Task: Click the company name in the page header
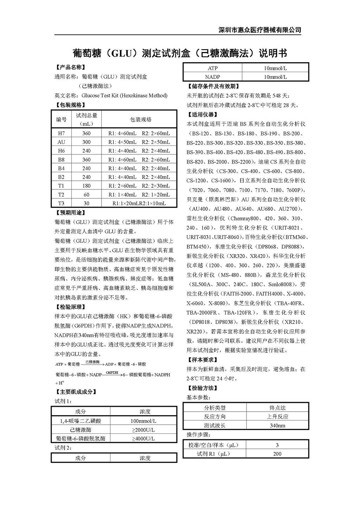pos(260,30)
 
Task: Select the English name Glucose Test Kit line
pos(111,95)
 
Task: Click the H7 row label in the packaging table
pos(62,133)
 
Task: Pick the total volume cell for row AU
pos(86,142)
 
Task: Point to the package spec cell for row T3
pos(139,203)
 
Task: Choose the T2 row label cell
pos(62,194)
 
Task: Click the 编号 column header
pos(62,120)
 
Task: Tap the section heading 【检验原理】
pos(70,307)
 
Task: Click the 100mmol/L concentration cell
pos(143,421)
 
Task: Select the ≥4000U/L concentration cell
pos(143,438)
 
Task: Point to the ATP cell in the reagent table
pos(213,68)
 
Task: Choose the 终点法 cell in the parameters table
pos(277,408)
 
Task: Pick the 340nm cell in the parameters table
pos(277,425)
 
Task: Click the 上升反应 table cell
pos(277,417)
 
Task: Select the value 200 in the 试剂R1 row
pos(277,454)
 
